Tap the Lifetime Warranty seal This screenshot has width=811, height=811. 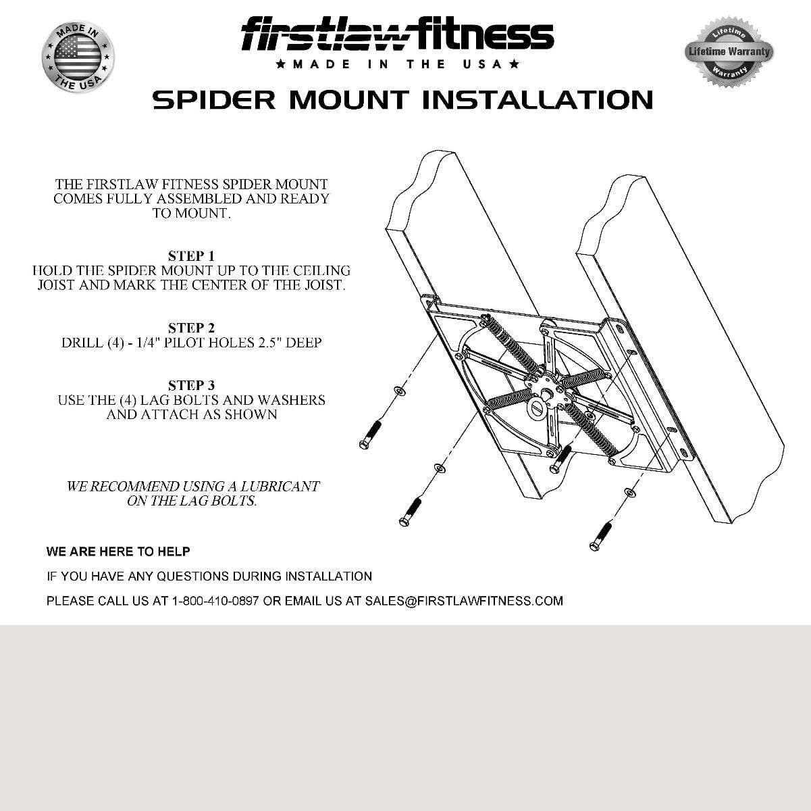(729, 51)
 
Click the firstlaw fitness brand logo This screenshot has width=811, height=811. (398, 35)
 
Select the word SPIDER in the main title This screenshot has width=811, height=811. (213, 100)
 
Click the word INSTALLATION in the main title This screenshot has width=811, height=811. (538, 100)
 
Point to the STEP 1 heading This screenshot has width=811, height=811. (191, 256)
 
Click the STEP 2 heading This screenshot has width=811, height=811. (191, 328)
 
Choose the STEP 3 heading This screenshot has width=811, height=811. (191, 385)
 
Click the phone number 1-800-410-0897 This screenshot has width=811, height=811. (215, 601)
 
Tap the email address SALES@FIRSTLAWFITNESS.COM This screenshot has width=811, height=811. (463, 601)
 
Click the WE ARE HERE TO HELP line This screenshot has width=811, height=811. (118, 551)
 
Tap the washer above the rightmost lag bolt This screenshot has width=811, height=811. (629, 492)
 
